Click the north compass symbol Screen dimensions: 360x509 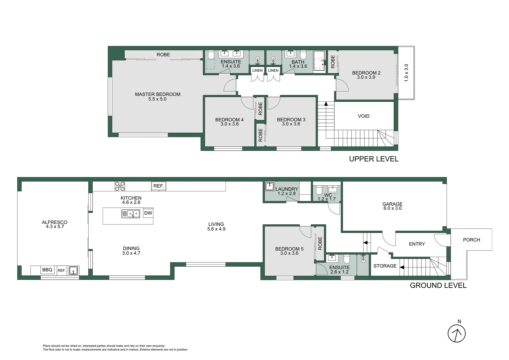pos(456,333)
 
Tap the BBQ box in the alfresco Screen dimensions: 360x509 pos(47,270)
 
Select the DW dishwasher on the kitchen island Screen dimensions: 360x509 pos(148,213)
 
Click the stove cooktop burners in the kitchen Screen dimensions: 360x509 pos(120,186)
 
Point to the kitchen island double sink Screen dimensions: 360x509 pos(131,214)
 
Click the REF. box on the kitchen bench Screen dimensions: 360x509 pos(159,186)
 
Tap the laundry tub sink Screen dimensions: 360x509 pos(269,186)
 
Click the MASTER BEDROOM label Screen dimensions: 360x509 pos(158,94)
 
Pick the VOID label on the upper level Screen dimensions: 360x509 pos(363,116)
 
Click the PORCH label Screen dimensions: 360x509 pos(471,240)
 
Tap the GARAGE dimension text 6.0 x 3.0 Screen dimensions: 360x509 pos(392,208)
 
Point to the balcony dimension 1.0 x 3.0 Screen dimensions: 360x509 pos(406,73)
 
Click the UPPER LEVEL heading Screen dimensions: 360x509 pos(373,159)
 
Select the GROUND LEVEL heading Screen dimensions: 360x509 pos(438,285)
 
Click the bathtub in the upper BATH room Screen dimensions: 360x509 pos(319,61)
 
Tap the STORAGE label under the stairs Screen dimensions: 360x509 pos(385,266)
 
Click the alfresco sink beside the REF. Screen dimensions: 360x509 pos(74,270)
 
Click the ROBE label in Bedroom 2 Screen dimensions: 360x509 pos(333,62)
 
